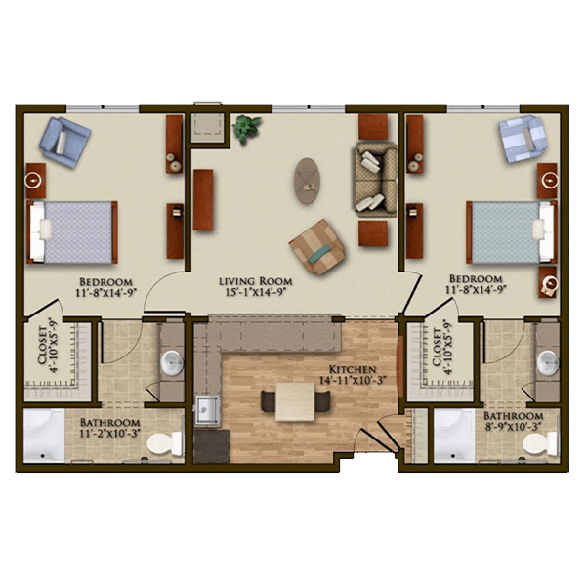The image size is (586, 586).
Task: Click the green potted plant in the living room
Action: pyautogui.click(x=246, y=128)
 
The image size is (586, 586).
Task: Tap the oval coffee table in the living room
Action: pyautogui.click(x=307, y=181)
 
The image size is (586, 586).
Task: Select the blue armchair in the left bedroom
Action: pyautogui.click(x=64, y=142)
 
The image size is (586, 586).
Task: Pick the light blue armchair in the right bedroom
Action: pyautogui.click(x=522, y=139)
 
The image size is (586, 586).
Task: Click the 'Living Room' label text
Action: pyautogui.click(x=255, y=281)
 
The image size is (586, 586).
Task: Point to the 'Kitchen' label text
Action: pyautogui.click(x=353, y=370)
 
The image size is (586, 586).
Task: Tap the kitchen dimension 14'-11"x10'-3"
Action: pyautogui.click(x=353, y=381)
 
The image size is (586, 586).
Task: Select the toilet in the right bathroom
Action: pyautogui.click(x=540, y=443)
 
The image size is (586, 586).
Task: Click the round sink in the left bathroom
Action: pyautogui.click(x=172, y=362)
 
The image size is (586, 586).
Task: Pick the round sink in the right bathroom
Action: pyautogui.click(x=548, y=362)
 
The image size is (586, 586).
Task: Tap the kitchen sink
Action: pyautogui.click(x=208, y=410)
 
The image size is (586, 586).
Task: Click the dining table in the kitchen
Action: pyautogui.click(x=295, y=402)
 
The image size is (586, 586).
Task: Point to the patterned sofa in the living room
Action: pyautogui.click(x=375, y=180)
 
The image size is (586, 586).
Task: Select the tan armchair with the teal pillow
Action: pyautogui.click(x=317, y=247)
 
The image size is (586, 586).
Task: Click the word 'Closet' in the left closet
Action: pyautogui.click(x=42, y=346)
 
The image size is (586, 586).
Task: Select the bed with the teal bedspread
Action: pyautogui.click(x=511, y=232)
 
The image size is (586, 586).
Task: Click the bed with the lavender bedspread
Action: pyautogui.click(x=72, y=232)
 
